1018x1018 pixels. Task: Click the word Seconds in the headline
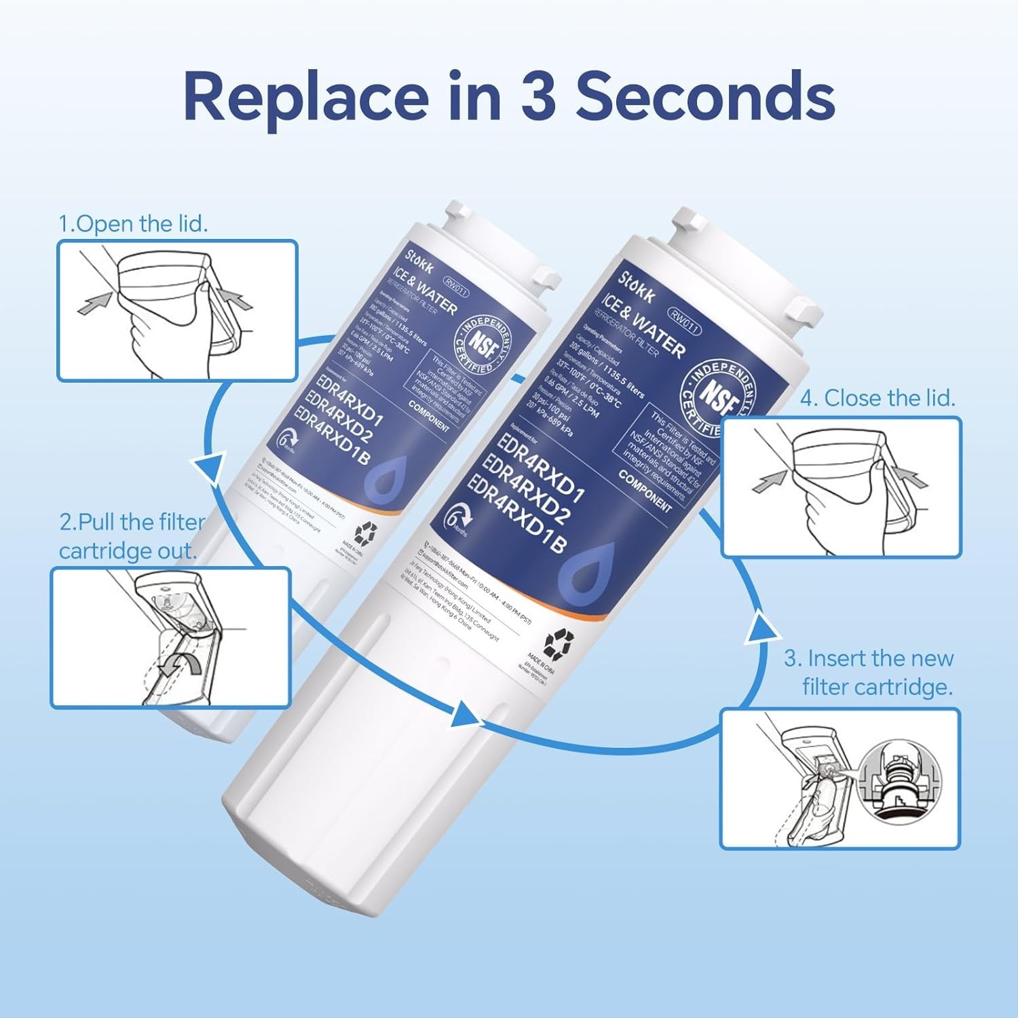pos(705,96)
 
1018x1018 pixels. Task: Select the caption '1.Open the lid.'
pos(133,223)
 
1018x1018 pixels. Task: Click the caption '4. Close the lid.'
pos(878,398)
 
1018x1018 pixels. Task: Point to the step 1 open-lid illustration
pos(177,310)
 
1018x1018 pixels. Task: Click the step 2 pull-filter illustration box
pos(170,638)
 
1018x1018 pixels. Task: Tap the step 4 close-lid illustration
pos(842,487)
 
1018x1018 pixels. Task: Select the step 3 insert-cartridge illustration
pos(840,778)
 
